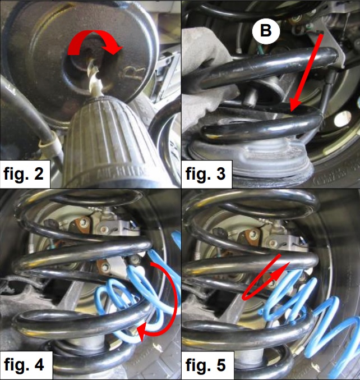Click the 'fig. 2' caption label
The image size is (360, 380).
click(x=24, y=173)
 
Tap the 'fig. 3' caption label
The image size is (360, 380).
click(x=205, y=173)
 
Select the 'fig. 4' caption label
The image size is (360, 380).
click(x=24, y=364)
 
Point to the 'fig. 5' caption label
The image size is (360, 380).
click(x=206, y=364)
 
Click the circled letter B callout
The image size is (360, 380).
click(x=266, y=31)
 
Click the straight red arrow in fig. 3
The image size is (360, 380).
click(x=307, y=73)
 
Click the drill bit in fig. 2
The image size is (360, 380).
click(x=94, y=77)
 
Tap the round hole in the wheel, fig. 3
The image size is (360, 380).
click(x=343, y=119)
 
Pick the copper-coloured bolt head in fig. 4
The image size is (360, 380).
click(x=80, y=225)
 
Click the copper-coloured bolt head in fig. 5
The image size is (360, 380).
click(x=250, y=236)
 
